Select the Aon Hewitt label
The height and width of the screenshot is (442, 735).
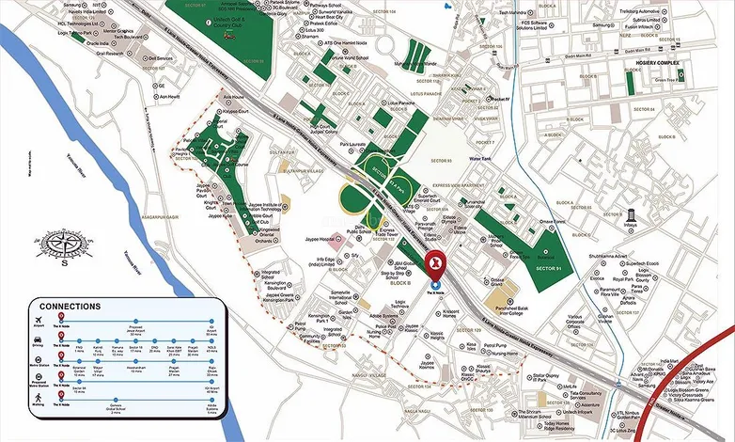click(x=168, y=96)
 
